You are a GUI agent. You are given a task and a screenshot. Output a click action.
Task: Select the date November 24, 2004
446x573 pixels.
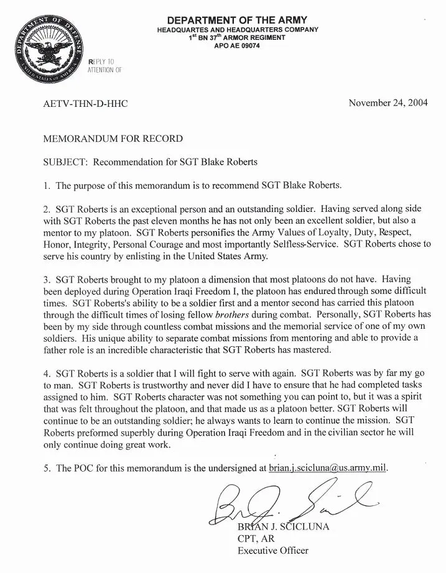click(x=388, y=103)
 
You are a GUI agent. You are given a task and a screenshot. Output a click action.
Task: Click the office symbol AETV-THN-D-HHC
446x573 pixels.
click(x=85, y=104)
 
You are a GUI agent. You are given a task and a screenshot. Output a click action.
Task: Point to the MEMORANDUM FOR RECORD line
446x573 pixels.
click(x=113, y=139)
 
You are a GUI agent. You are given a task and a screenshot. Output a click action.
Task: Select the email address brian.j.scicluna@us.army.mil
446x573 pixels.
click(x=328, y=468)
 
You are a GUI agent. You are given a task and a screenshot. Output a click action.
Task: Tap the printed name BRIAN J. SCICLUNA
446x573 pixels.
click(x=284, y=528)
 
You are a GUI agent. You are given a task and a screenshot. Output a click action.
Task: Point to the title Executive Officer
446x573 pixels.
click(x=272, y=550)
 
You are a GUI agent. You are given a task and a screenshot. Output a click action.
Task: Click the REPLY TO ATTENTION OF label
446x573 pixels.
click(x=105, y=66)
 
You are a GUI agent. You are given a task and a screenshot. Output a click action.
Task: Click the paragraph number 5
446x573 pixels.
click(x=47, y=468)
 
